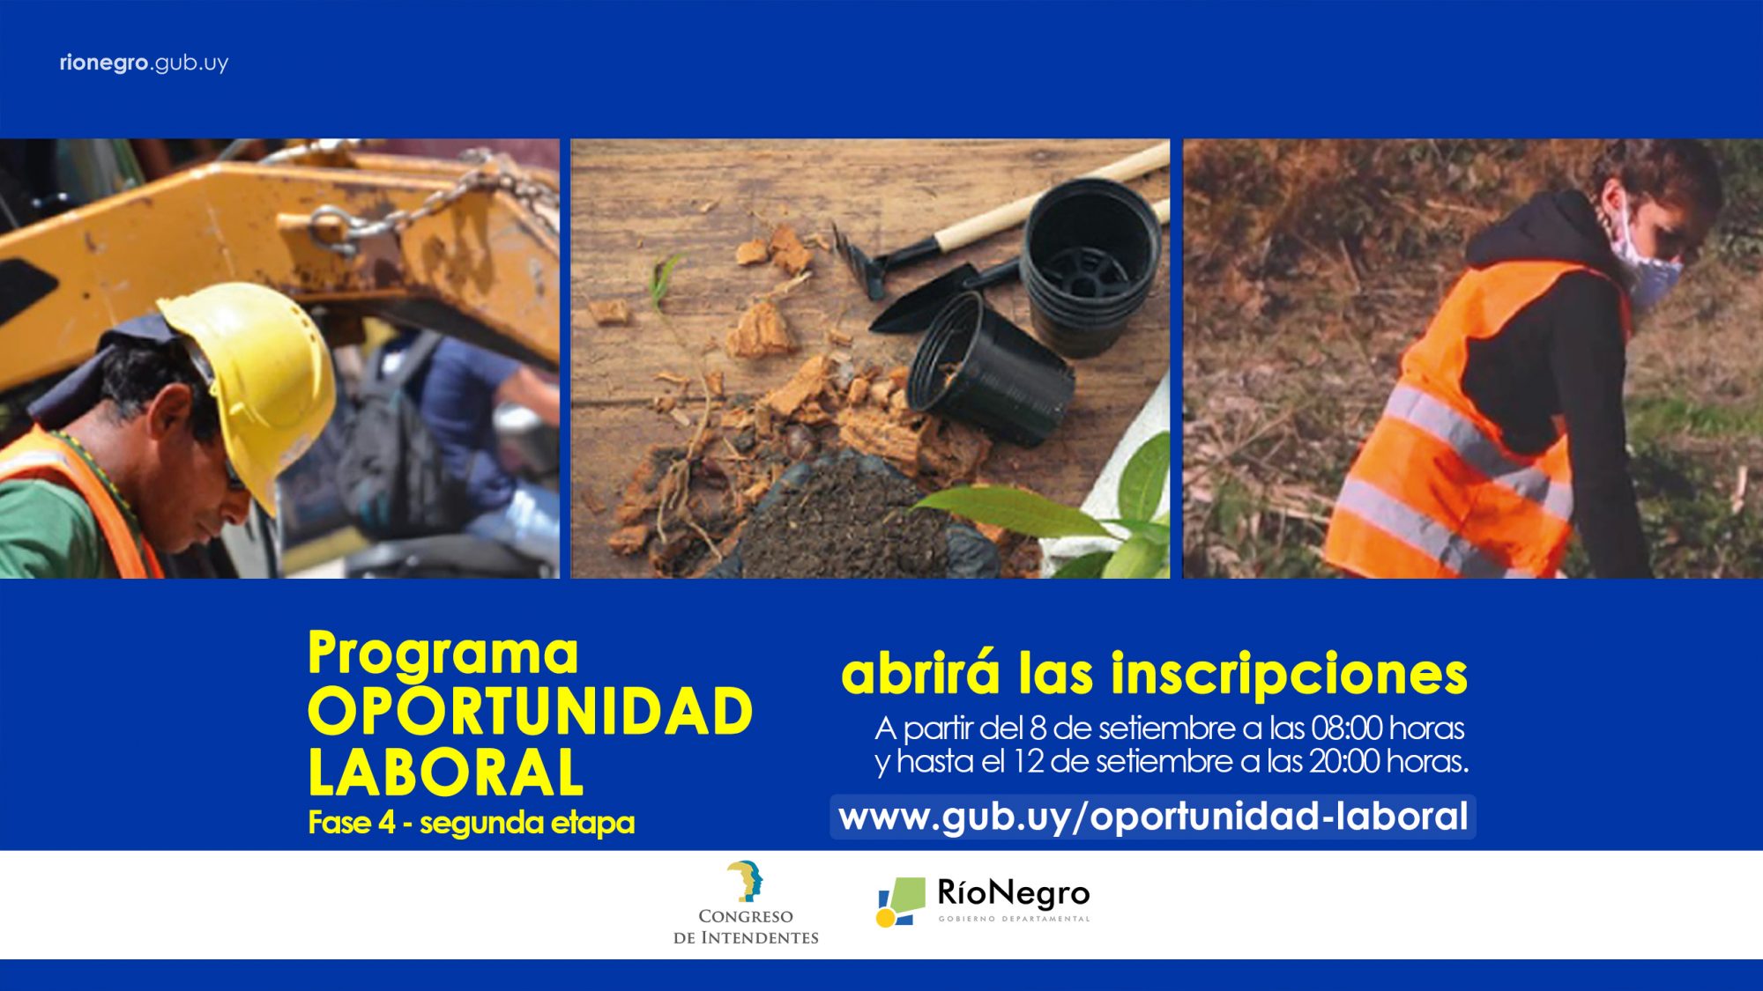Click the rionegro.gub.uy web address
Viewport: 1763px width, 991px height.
(144, 63)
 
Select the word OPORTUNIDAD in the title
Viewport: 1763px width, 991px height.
(530, 712)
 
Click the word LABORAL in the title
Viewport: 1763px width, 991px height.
(445, 772)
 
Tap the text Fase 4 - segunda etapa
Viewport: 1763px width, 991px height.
(472, 823)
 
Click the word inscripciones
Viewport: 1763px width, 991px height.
(1289, 676)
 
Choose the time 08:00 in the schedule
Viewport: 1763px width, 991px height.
(1346, 728)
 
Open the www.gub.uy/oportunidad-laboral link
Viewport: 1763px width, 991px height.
(1153, 817)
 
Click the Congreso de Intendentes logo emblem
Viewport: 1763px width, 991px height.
(745, 882)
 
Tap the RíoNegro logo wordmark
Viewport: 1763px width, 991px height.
(1014, 893)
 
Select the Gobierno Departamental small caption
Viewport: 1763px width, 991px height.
(1014, 919)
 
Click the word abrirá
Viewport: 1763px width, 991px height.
(921, 674)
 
